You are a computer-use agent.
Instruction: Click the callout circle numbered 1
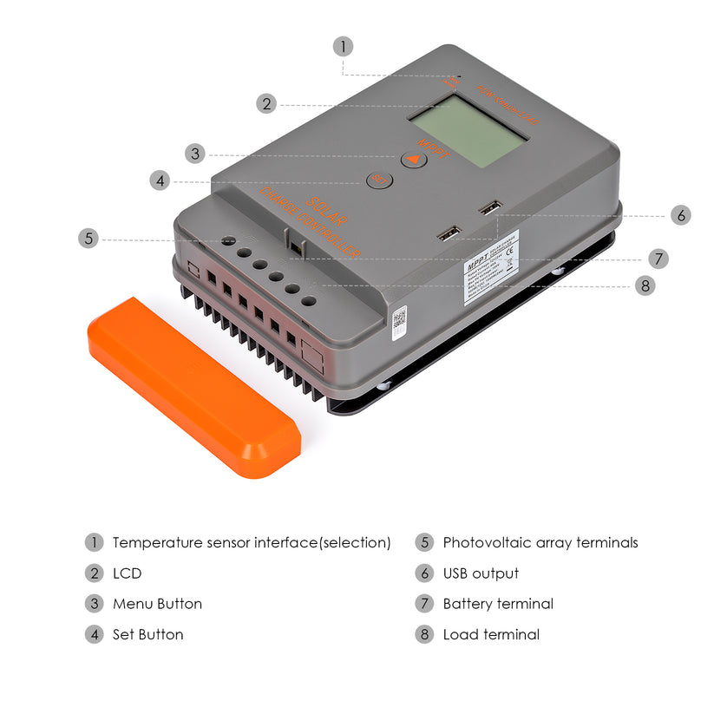(343, 46)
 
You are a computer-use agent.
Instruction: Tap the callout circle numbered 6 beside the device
(681, 215)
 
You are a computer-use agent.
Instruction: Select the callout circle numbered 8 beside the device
(645, 285)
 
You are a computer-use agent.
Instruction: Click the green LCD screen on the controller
(468, 132)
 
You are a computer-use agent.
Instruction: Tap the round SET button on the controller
(379, 180)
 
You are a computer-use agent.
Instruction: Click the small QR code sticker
(399, 321)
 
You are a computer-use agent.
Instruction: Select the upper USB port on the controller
(488, 208)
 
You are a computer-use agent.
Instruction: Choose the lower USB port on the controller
(449, 234)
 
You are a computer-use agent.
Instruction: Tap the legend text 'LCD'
(127, 573)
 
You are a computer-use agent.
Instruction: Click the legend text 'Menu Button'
(157, 604)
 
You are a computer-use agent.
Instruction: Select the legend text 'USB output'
(481, 573)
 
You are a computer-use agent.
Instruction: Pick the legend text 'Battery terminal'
(498, 604)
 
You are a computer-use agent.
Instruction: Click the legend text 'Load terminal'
(491, 634)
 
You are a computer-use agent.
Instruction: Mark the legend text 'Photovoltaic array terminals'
(540, 543)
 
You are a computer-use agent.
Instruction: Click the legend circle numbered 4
(94, 634)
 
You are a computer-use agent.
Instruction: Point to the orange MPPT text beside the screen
(434, 149)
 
